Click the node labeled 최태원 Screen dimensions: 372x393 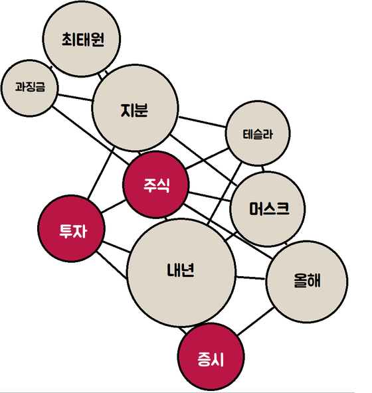click(82, 39)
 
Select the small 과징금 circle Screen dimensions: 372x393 click(30, 88)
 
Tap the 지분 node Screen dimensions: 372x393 click(135, 108)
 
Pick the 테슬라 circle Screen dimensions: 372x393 click(258, 133)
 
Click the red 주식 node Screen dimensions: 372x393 click(155, 185)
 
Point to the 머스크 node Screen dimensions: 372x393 click(268, 208)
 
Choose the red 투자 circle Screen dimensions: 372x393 click(71, 228)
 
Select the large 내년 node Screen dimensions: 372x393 click(181, 273)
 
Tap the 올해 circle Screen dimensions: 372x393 click(307, 281)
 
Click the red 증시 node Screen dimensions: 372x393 click(211, 356)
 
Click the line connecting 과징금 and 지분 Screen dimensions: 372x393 click(75, 98)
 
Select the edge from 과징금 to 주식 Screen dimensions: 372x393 click(90, 135)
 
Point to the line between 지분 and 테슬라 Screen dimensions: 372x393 click(202, 121)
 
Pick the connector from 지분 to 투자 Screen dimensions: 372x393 click(101, 173)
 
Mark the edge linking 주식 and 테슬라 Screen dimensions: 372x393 click(207, 159)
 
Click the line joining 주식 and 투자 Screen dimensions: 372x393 click(114, 206)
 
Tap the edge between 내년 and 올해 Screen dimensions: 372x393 click(250, 277)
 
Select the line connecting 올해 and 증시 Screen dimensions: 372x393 click(256, 321)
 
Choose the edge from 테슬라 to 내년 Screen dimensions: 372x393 click(225, 193)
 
